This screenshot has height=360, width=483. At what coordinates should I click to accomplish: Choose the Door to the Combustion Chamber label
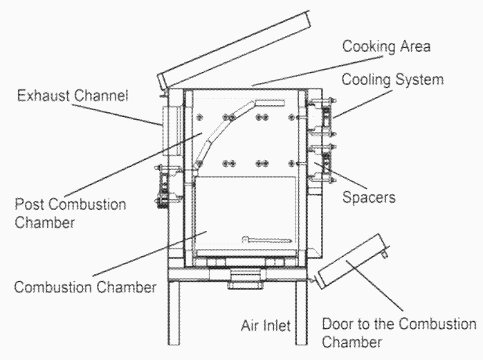[400, 332]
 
